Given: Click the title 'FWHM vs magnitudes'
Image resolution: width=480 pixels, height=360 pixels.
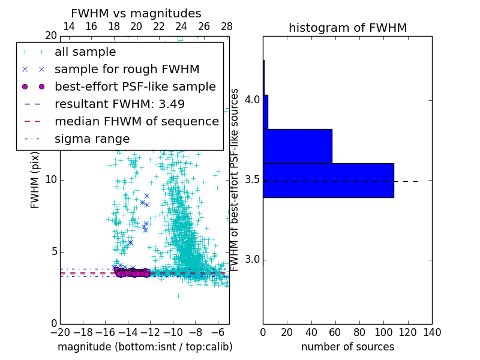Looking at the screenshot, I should pyautogui.click(x=136, y=13).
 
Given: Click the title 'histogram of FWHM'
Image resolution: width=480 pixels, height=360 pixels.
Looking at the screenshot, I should pyautogui.click(x=347, y=28).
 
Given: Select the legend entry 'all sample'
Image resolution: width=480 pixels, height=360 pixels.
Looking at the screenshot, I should pyautogui.click(x=85, y=52).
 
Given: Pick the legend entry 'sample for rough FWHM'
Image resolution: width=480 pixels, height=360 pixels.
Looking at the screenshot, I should pyautogui.click(x=127, y=69).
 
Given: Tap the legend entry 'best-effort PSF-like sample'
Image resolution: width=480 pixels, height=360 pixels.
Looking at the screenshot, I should pyautogui.click(x=135, y=86).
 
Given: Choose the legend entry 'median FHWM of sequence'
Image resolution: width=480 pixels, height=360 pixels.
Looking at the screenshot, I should pyautogui.click(x=136, y=121).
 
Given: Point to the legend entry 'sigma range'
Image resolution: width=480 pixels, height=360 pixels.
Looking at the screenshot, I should pyautogui.click(x=92, y=139).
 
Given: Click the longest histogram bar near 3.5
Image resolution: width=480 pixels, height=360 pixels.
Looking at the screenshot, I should pyautogui.click(x=328, y=180).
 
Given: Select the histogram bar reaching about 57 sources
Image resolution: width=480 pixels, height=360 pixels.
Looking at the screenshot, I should pyautogui.click(x=297, y=146).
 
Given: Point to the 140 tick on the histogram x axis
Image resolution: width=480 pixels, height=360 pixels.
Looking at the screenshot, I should pyautogui.click(x=432, y=332).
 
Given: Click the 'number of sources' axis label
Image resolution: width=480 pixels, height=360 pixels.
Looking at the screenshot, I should pyautogui.click(x=347, y=347).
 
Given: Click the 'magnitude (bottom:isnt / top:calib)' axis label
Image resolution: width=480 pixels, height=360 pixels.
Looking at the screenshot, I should pyautogui.click(x=145, y=347).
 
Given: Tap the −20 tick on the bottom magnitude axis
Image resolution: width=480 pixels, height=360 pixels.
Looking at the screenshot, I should pyautogui.click(x=60, y=332).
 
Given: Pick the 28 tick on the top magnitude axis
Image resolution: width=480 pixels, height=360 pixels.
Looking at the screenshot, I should pyautogui.click(x=226, y=26).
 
